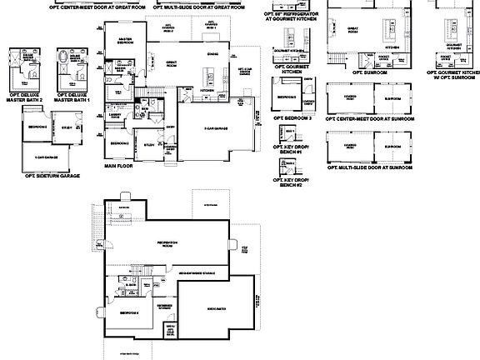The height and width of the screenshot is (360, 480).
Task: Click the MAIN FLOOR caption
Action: [119, 165]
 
